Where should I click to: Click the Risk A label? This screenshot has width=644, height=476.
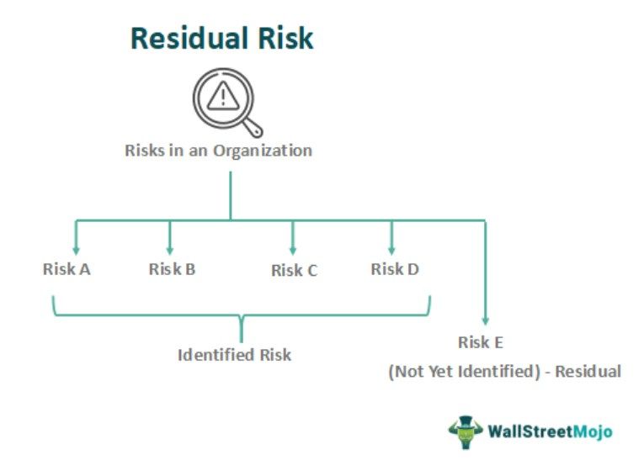pyautogui.click(x=67, y=270)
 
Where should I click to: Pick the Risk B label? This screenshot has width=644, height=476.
pyautogui.click(x=172, y=269)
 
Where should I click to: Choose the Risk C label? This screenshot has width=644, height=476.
pyautogui.click(x=294, y=271)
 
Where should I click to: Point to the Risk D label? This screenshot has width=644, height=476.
pyautogui.click(x=395, y=269)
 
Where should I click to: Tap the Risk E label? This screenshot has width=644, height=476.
pyautogui.click(x=481, y=342)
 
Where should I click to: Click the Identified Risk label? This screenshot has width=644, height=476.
pyautogui.click(x=234, y=355)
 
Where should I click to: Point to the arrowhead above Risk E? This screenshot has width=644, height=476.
pyautogui.click(x=485, y=320)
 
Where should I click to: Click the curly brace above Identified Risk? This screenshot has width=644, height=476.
pyautogui.click(x=242, y=318)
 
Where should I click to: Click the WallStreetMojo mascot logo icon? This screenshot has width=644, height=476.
pyautogui.click(x=465, y=431)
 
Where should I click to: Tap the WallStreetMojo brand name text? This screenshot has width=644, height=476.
pyautogui.click(x=550, y=432)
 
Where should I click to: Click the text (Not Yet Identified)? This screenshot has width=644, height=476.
pyautogui.click(x=464, y=371)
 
